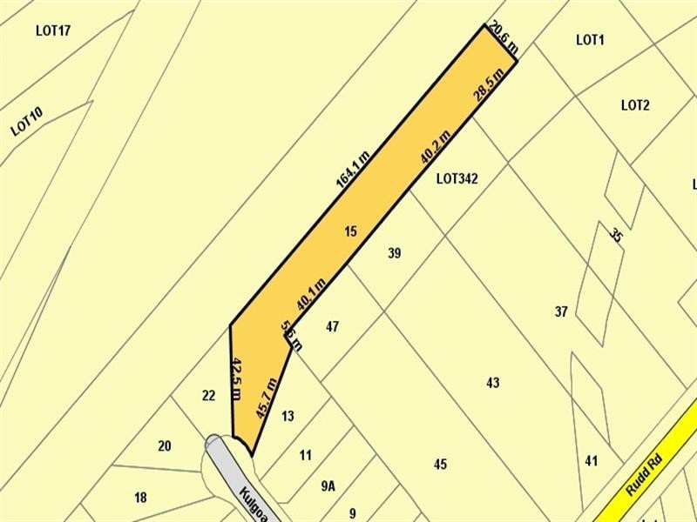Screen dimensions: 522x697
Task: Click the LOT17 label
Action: [53, 30]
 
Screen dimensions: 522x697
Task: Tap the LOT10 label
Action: [27, 120]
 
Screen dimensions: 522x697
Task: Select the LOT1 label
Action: [590, 39]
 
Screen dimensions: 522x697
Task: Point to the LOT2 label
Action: [635, 105]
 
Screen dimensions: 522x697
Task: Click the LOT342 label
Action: [457, 179]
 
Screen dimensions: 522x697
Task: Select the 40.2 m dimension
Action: [435, 146]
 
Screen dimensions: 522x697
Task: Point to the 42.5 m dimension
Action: [235, 376]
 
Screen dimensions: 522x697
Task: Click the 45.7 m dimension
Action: [266, 398]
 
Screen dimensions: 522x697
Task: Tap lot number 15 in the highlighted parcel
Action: [350, 231]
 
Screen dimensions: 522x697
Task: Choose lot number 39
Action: [394, 253]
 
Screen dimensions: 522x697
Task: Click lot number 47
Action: [332, 327]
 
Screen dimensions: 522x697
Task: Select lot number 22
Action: [208, 396]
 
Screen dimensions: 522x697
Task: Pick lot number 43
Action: [493, 383]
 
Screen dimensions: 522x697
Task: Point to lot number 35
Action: [617, 235]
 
